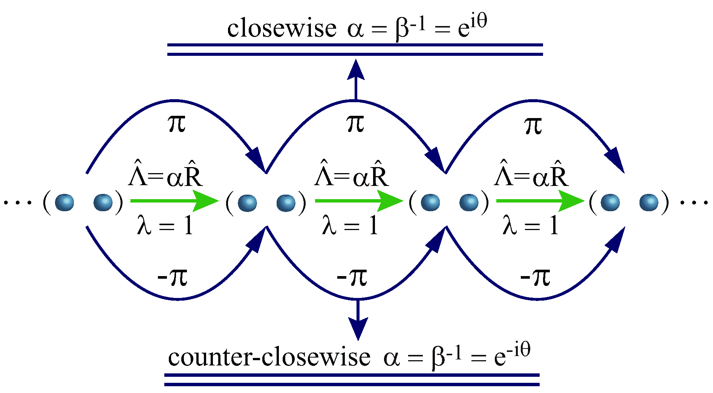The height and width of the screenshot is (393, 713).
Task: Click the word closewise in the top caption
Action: click(282, 29)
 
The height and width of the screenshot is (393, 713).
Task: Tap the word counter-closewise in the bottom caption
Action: click(269, 358)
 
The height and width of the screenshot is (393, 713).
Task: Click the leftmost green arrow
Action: click(174, 201)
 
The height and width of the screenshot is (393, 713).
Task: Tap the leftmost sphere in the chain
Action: click(64, 203)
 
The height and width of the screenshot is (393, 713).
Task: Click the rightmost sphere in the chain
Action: click(649, 203)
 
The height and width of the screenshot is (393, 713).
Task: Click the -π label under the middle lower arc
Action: click(352, 277)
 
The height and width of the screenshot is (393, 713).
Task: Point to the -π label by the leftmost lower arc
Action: click(172, 277)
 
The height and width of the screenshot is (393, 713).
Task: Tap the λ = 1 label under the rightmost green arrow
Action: click(531, 226)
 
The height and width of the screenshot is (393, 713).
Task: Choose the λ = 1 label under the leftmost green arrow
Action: click(165, 226)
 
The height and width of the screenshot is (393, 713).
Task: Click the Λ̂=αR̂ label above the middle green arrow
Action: click(351, 175)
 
